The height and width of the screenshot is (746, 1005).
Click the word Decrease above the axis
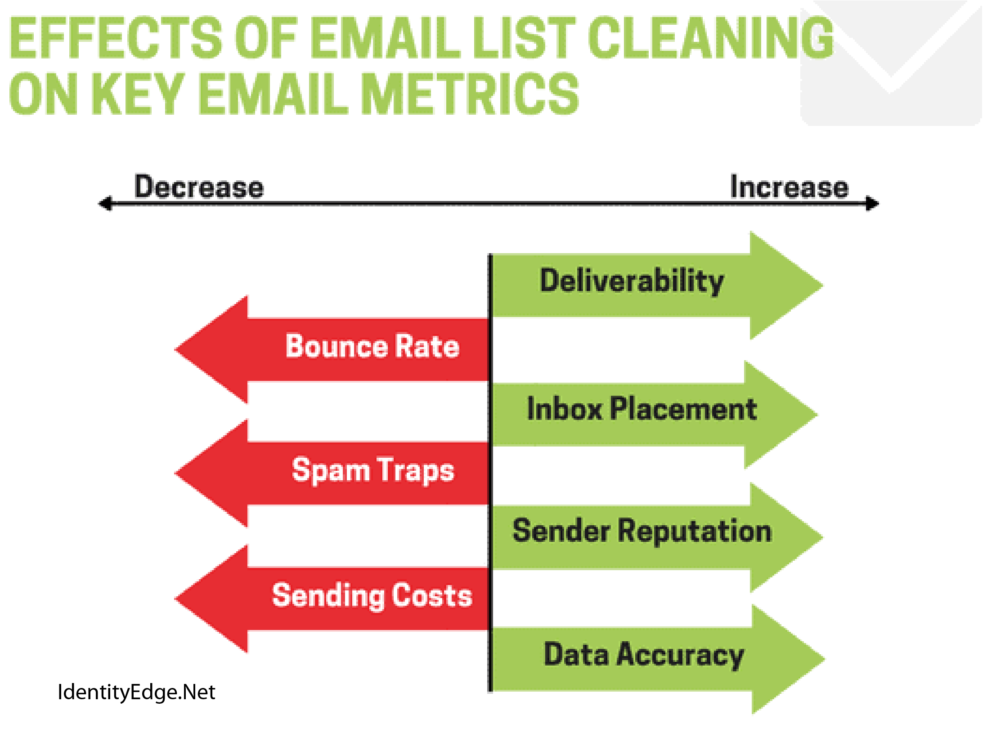[199, 187]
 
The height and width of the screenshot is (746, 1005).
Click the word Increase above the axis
[789, 187]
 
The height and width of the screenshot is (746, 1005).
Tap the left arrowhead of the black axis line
[105, 203]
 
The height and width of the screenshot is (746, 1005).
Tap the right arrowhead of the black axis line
[873, 203]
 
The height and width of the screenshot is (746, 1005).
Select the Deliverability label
[632, 281]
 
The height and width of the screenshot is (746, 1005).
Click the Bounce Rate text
[372, 346]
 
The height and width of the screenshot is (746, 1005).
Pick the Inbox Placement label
[642, 409]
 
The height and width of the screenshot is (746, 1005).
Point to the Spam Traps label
[372, 470]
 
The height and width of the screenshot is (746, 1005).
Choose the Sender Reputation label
[642, 531]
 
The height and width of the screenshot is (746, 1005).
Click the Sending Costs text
[372, 596]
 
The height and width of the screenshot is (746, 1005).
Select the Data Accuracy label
[643, 655]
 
